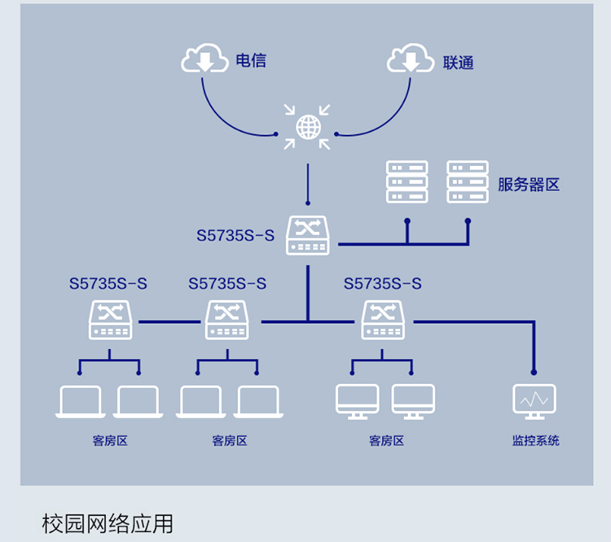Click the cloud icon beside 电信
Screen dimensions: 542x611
204,59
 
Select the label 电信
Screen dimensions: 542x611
251,60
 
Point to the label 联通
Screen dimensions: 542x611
459,62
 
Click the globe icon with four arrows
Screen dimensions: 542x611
307,127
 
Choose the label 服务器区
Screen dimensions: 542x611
529,184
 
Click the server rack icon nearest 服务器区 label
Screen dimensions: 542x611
468,181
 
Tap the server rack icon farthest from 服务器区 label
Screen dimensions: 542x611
407,181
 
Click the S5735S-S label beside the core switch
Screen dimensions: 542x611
235,236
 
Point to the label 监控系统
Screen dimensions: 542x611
535,441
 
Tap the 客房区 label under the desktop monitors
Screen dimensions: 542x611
386,441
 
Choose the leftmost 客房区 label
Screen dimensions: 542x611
110,441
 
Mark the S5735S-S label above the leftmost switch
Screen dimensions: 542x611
108,284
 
